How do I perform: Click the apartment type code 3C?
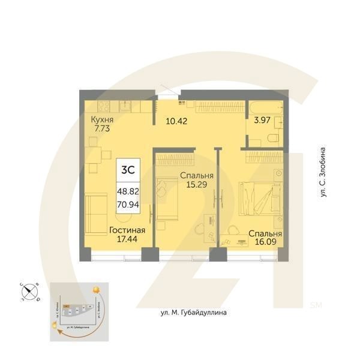coord(128,170)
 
